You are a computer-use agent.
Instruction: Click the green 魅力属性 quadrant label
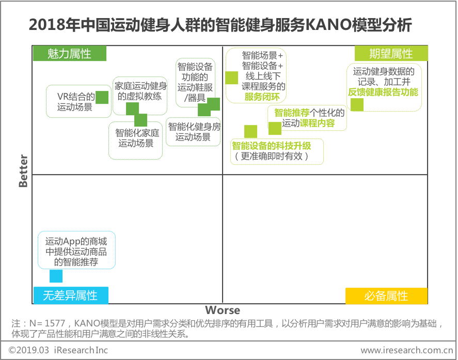69,54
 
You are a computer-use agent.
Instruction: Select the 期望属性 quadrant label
391,54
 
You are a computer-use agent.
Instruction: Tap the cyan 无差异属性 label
71,295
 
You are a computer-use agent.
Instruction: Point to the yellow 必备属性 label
386,296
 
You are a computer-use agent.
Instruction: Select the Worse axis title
223,310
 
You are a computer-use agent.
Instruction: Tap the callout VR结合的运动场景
75,101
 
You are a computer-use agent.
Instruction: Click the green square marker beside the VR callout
102,97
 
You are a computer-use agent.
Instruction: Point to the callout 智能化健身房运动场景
193,132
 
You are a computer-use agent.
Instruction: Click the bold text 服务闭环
263,97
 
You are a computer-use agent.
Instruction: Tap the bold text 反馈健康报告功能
383,92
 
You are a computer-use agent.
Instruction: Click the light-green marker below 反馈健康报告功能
357,104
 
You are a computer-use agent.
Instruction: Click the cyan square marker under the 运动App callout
56,276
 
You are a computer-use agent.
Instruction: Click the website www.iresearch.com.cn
406,350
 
